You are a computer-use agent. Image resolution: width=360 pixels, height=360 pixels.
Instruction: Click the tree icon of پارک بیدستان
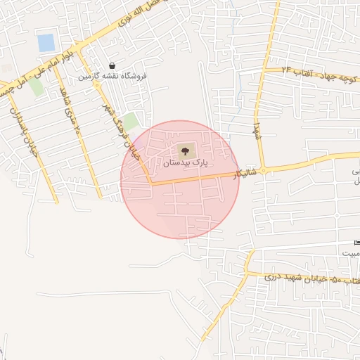(x=185, y=149)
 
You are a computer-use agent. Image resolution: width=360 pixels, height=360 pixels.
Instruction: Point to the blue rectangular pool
(x=46, y=43)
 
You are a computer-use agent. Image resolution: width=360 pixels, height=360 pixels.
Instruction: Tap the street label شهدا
(x=257, y=131)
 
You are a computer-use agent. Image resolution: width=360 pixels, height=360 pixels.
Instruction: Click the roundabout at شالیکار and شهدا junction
(x=264, y=170)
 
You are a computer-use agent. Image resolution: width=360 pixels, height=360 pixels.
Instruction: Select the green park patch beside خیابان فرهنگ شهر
(x=130, y=121)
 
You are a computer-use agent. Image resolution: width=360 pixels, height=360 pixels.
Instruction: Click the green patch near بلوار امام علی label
(x=36, y=87)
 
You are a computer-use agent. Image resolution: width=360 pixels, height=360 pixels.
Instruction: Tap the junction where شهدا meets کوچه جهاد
(x=266, y=70)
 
